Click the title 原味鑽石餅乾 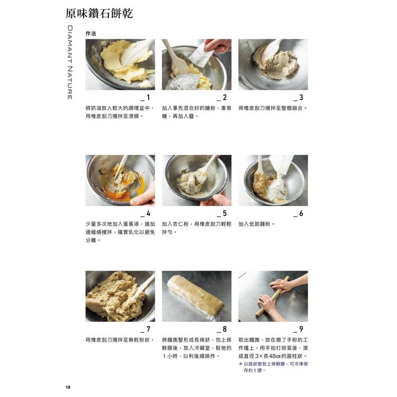(99, 13)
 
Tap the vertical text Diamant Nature (70, 62)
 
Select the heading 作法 (91, 33)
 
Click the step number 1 (148, 97)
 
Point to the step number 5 (224, 213)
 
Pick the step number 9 (301, 329)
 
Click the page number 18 (68, 387)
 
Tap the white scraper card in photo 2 (201, 55)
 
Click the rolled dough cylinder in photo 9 (273, 297)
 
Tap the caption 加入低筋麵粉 (257, 224)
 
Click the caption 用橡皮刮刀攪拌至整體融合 (273, 108)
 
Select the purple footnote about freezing (274, 367)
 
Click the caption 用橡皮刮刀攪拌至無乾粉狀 (120, 340)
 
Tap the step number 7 (148, 329)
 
